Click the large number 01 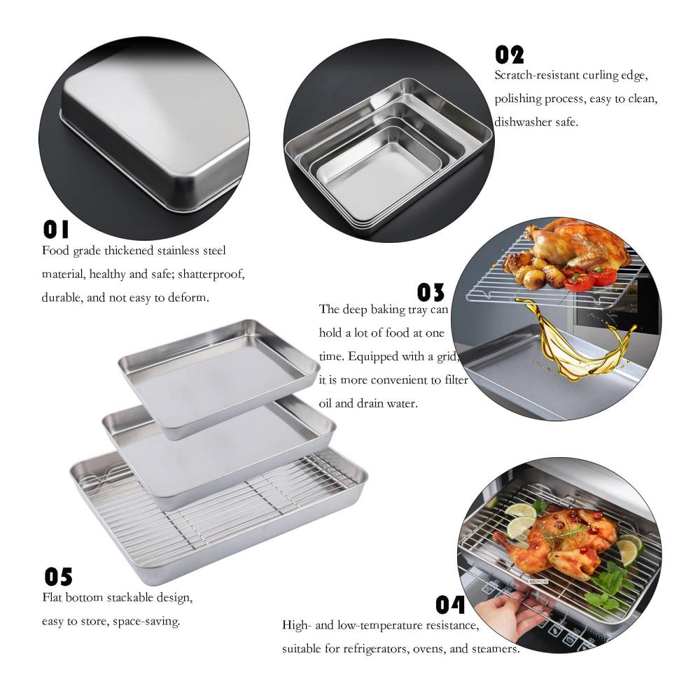pos(56,229)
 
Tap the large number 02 pos(509,55)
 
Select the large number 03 pos(430,293)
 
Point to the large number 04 pos(450,605)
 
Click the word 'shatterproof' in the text pos(211,274)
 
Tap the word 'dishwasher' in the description pos(522,121)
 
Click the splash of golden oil pos(576,339)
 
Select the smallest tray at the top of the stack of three pos(219,377)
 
